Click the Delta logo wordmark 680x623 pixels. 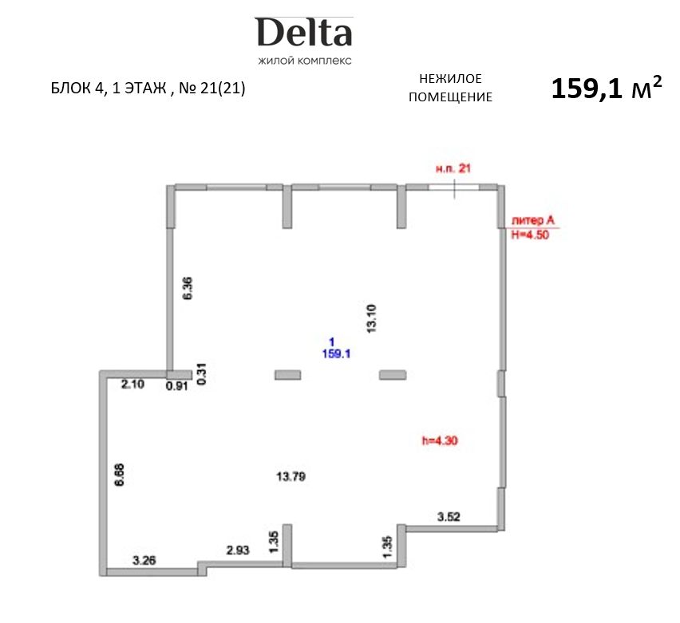pyautogui.click(x=304, y=33)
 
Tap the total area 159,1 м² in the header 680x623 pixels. pyautogui.click(x=606, y=89)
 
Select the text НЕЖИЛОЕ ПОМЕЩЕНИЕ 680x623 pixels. pyautogui.click(x=450, y=88)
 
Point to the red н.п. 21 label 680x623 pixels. pyautogui.click(x=455, y=168)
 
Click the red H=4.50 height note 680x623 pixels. pyautogui.click(x=530, y=235)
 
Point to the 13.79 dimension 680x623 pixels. pyautogui.click(x=291, y=477)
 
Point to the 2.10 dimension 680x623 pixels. pyautogui.click(x=132, y=385)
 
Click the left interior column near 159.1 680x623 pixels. pyautogui.click(x=287, y=374)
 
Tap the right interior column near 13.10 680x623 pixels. pyautogui.click(x=393, y=374)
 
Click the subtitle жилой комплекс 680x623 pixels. pyautogui.click(x=304, y=61)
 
